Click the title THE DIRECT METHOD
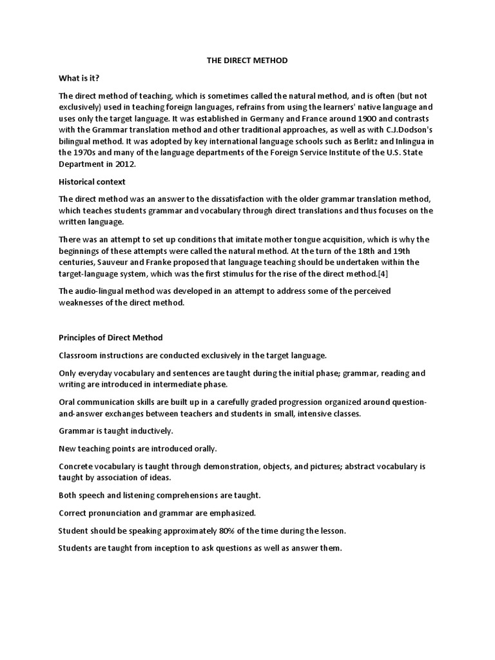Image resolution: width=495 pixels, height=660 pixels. [247, 60]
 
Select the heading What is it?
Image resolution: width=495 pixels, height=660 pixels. [79, 77]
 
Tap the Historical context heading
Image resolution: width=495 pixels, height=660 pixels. [92, 182]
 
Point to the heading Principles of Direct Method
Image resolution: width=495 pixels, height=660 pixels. [111, 337]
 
